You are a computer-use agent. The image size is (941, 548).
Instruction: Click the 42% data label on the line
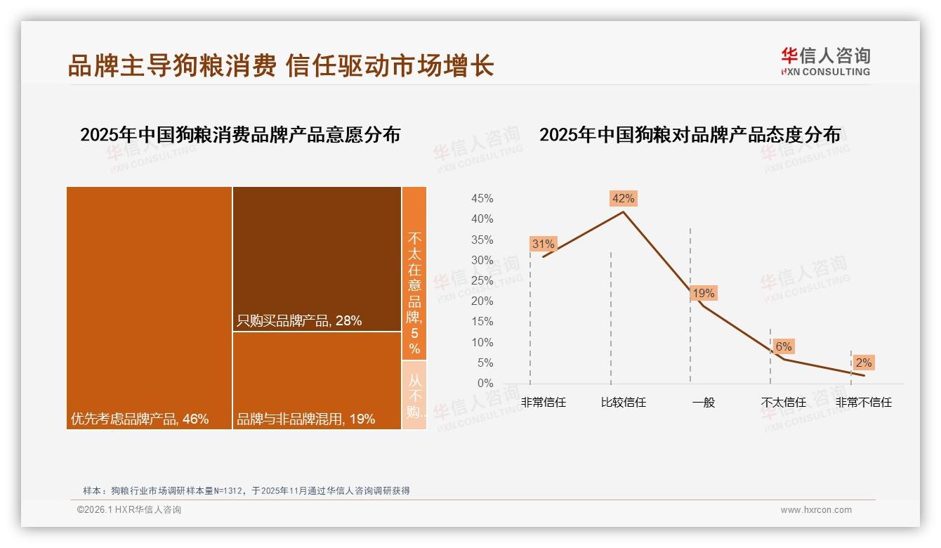pos(623,198)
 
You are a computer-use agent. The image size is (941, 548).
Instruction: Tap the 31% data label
pos(543,244)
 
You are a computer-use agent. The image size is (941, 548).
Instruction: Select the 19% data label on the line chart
pos(703,293)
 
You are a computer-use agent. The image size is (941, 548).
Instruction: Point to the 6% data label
pos(783,346)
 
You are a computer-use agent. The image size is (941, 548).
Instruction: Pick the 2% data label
pos(863,363)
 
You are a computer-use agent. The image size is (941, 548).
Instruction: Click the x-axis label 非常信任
pos(543,403)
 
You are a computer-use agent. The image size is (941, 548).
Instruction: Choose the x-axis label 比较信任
pos(623,403)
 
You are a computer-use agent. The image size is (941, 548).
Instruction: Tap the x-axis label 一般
pos(703,403)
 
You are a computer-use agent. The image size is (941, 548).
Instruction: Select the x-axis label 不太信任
pos(783,403)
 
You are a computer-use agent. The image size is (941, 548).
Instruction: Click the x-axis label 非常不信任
pos(863,403)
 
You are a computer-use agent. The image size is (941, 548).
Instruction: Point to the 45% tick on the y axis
pos(482,199)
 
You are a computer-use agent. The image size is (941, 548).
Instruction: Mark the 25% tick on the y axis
pos(482,281)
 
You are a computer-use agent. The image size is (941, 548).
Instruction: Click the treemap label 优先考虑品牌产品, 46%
pos(140,419)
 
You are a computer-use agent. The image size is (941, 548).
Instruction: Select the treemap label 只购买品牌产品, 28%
pos(299,321)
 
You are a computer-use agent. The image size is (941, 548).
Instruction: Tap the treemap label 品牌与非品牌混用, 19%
pos(305,419)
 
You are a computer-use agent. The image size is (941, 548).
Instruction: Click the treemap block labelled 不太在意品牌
pos(414,274)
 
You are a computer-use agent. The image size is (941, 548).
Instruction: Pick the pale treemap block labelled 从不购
pos(414,395)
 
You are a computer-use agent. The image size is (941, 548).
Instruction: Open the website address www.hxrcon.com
pos(816,510)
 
